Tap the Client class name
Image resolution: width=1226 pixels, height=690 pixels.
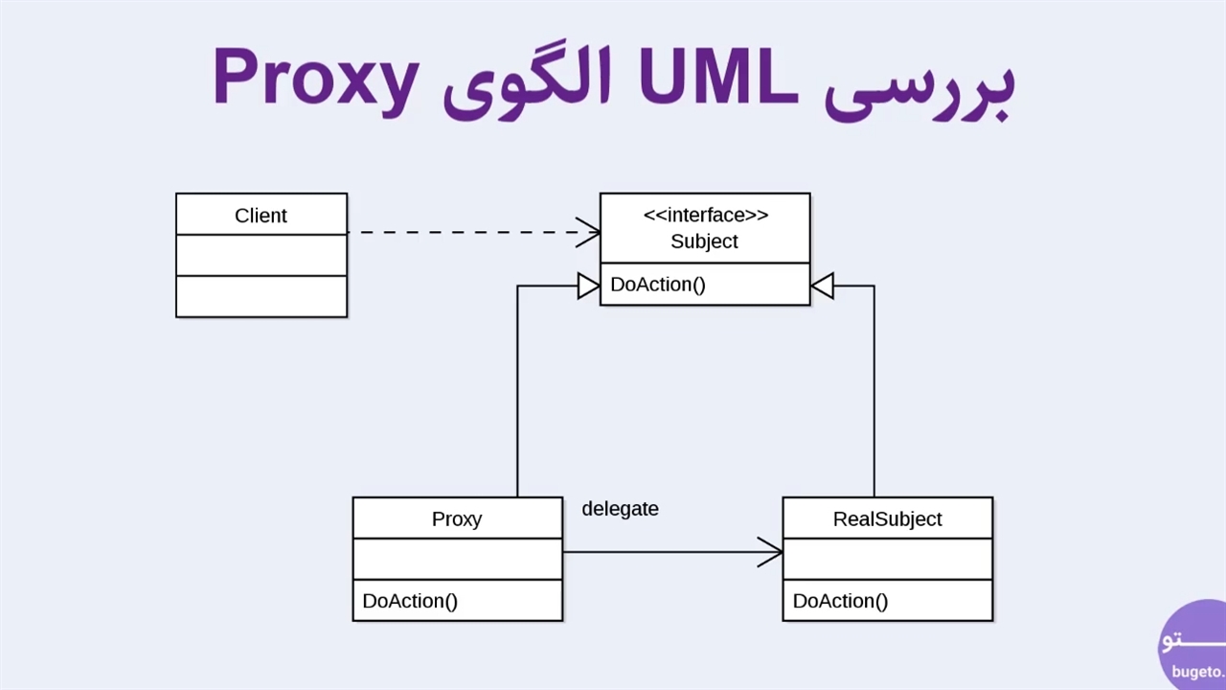[x=261, y=216]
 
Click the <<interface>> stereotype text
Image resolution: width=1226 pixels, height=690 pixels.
[x=705, y=215]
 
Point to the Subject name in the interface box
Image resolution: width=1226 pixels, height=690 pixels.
[x=704, y=241]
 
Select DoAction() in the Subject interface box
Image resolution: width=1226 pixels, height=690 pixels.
[x=658, y=285]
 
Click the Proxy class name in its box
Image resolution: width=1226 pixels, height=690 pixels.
[x=457, y=518]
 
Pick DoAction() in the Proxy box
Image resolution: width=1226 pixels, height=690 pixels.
[x=410, y=601]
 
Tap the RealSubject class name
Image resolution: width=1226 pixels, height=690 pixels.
[x=887, y=518]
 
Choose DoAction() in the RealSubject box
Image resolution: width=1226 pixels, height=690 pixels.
[x=840, y=601]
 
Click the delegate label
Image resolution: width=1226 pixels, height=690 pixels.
[x=620, y=509]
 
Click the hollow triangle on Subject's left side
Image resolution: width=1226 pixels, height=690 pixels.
[x=588, y=286]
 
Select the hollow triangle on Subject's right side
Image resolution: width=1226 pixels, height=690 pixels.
[x=822, y=286]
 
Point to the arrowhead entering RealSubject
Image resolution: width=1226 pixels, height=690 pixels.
[x=771, y=552]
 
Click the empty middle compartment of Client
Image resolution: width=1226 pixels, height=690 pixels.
[x=261, y=255]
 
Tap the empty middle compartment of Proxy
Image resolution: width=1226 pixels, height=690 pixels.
[x=457, y=559]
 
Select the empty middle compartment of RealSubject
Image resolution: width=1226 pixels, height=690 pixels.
[x=887, y=559]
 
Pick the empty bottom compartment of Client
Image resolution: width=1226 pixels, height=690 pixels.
[x=261, y=296]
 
